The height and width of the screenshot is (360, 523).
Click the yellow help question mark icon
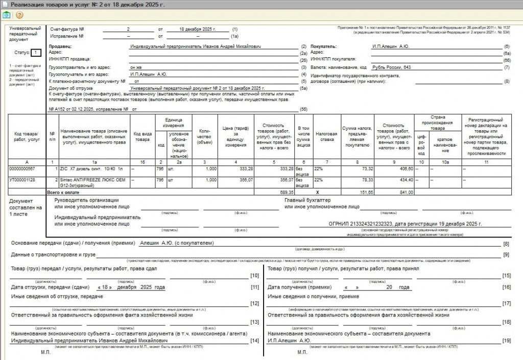click(19, 15)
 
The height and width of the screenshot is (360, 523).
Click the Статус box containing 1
click(35, 53)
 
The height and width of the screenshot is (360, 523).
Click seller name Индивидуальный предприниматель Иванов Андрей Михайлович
click(196, 46)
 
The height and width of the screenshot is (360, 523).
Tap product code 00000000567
click(23, 168)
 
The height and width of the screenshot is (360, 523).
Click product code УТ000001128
click(23, 180)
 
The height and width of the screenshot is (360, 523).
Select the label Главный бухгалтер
click(308, 200)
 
